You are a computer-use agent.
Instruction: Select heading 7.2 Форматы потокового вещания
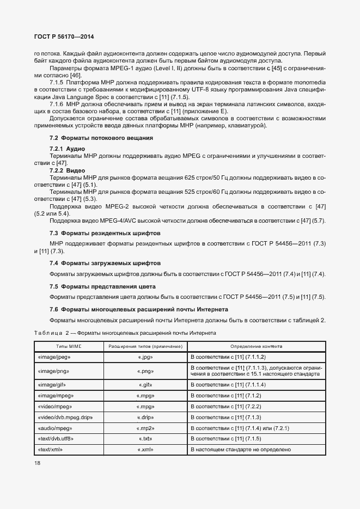coord(101,138)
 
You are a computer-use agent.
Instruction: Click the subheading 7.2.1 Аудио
coord(68,149)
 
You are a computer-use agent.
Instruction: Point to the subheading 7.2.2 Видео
coord(69,170)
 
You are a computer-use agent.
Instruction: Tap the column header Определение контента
coord(256,346)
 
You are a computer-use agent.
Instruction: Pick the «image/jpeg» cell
coord(54,357)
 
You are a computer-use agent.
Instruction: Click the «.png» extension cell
coord(144,371)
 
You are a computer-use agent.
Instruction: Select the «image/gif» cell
coord(52,384)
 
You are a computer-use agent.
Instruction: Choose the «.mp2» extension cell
coord(144,428)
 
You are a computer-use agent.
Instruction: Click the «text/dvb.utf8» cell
coord(56,439)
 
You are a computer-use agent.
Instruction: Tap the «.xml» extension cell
coord(144,450)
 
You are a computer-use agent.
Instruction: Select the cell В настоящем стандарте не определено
coord(240,450)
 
